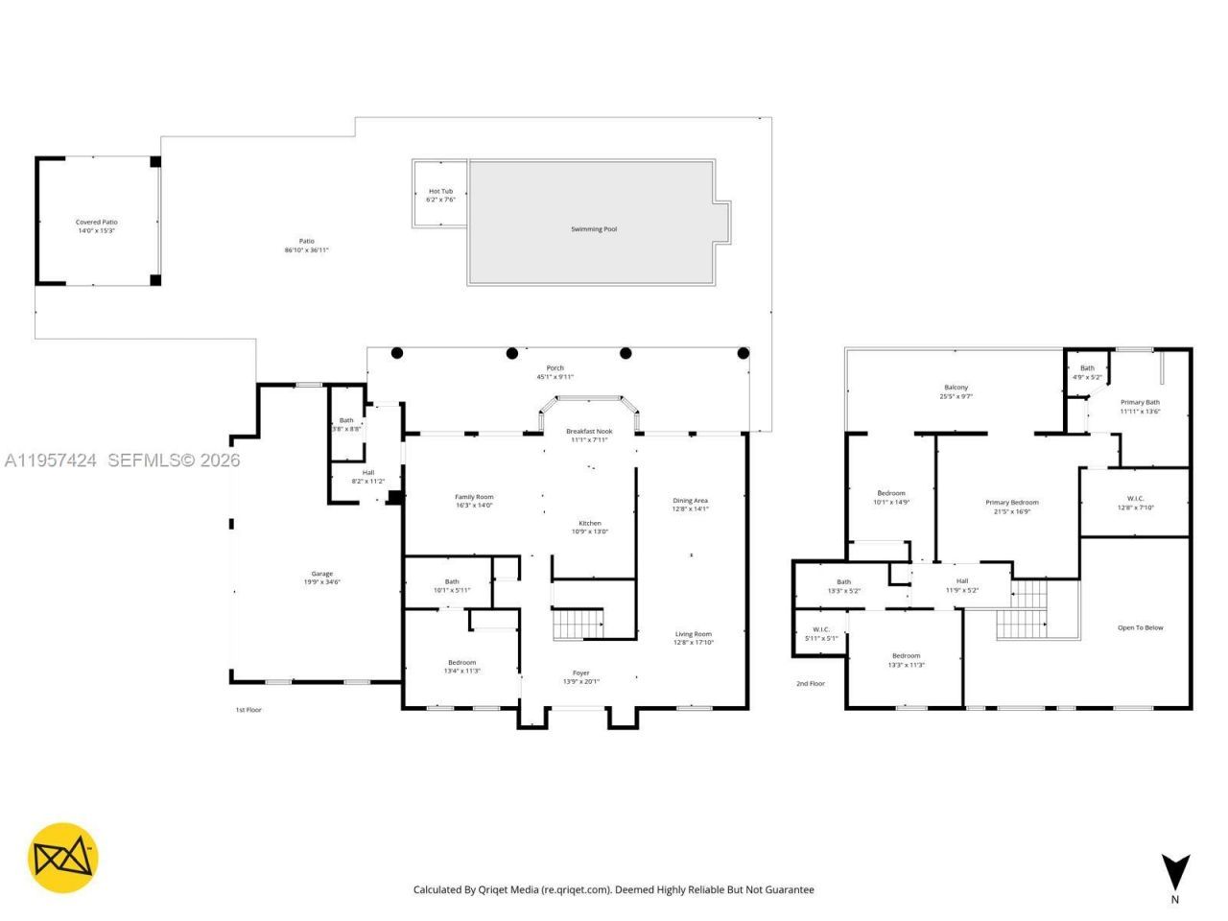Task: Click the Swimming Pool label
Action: [x=594, y=229]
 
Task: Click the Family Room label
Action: [x=474, y=497]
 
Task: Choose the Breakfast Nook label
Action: [x=589, y=432]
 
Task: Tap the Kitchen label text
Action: [x=589, y=523]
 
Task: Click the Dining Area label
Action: [x=690, y=501]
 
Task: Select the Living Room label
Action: [x=694, y=634]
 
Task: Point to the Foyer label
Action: [x=581, y=673]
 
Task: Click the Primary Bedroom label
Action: [x=1011, y=503]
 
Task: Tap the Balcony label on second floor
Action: [x=956, y=388]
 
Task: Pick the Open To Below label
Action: [x=1140, y=627]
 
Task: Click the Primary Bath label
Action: [x=1140, y=403]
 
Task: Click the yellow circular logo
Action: [x=62, y=858]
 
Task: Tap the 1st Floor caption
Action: [x=248, y=710]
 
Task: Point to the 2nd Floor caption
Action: [x=810, y=684]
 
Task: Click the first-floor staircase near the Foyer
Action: [x=579, y=625]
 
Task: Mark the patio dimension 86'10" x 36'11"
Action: [x=306, y=250]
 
